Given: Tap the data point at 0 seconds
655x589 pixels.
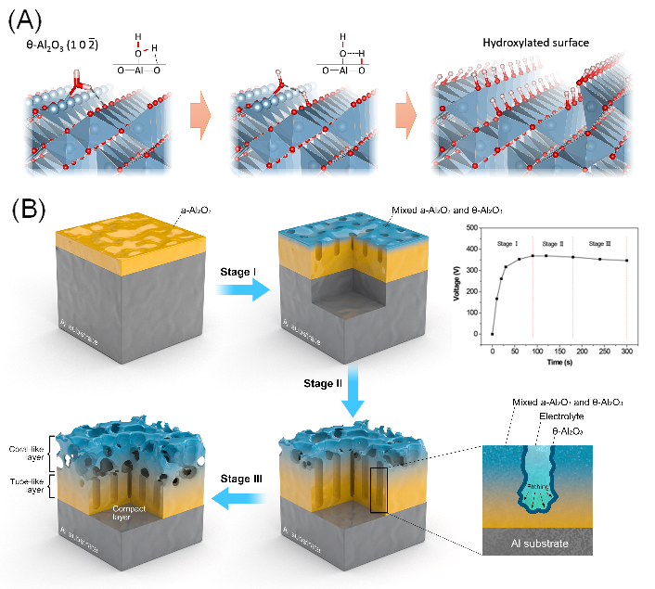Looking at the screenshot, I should [x=493, y=334].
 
